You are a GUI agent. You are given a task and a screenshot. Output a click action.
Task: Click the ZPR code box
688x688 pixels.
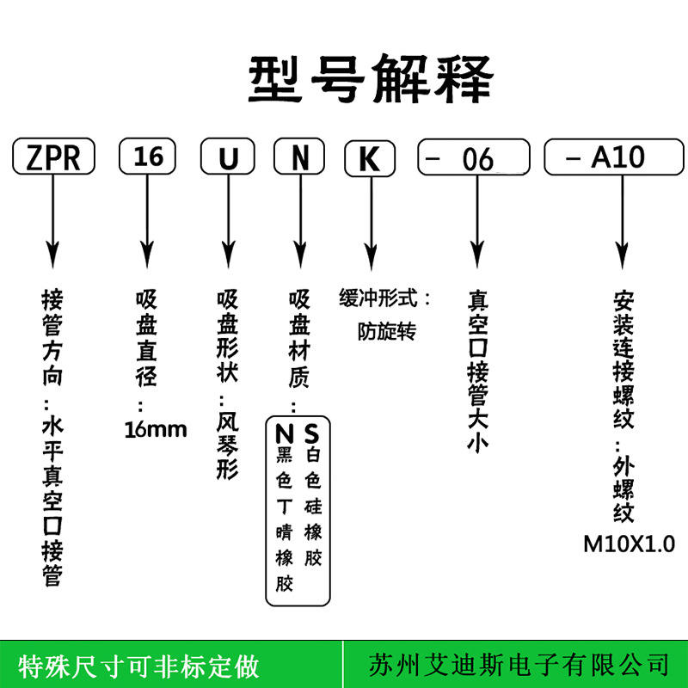[53, 157]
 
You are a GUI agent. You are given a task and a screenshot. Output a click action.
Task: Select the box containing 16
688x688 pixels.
[147, 157]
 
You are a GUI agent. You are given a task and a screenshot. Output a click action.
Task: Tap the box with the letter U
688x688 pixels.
[228, 157]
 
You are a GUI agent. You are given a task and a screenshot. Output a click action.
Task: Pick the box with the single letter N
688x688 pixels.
[299, 157]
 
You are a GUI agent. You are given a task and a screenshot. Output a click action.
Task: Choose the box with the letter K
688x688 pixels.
[370, 158]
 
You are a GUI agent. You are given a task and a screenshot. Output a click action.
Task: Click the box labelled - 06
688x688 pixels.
[474, 157]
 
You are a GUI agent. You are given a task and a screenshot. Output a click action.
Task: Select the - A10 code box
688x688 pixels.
[614, 157]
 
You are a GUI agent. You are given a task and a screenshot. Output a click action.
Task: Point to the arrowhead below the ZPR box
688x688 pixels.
[53, 255]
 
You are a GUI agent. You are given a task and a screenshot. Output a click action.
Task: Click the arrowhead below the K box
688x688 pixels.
[372, 256]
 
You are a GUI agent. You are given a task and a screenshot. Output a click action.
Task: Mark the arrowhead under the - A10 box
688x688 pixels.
[622, 255]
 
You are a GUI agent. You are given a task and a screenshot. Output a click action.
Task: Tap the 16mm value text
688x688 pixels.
[156, 430]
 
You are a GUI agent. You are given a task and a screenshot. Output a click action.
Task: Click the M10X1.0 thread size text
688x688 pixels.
[630, 544]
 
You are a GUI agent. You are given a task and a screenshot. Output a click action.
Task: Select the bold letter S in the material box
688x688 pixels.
[311, 433]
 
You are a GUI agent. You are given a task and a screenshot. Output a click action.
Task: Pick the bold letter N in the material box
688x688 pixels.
[285, 434]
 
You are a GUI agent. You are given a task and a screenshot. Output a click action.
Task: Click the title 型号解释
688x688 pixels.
[372, 79]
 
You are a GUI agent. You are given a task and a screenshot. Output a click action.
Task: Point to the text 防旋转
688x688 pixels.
[386, 332]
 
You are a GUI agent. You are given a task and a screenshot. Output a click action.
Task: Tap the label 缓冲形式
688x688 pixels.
[378, 298]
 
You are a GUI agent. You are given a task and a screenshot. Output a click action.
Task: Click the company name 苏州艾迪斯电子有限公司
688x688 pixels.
[519, 665]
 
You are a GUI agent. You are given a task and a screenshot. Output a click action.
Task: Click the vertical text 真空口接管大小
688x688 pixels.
[478, 371]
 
